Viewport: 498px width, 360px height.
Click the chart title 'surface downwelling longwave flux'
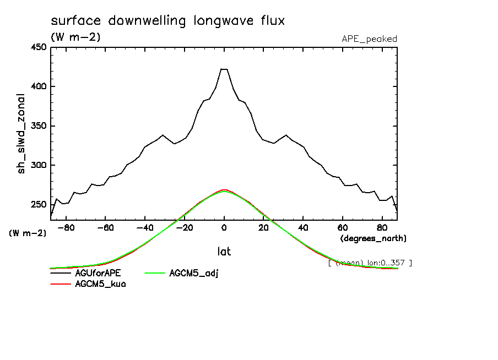pyautogui.click(x=167, y=21)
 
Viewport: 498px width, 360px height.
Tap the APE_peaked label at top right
pyautogui.click(x=369, y=39)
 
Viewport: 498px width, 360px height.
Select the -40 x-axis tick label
pyautogui.click(x=145, y=227)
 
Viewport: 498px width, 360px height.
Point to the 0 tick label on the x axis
pyautogui.click(x=224, y=227)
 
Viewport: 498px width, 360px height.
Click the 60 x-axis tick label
pyautogui.click(x=342, y=227)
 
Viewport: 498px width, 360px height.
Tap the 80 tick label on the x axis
pyautogui.click(x=381, y=227)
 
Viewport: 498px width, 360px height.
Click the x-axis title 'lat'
pyautogui.click(x=224, y=252)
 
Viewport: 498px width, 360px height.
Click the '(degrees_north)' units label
pyautogui.click(x=373, y=238)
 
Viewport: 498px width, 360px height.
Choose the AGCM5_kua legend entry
pyautogui.click(x=100, y=284)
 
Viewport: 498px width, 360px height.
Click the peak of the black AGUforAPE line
pyautogui.click(x=224, y=69)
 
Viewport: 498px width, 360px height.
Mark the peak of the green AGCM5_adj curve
pyautogui.click(x=224, y=191)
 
